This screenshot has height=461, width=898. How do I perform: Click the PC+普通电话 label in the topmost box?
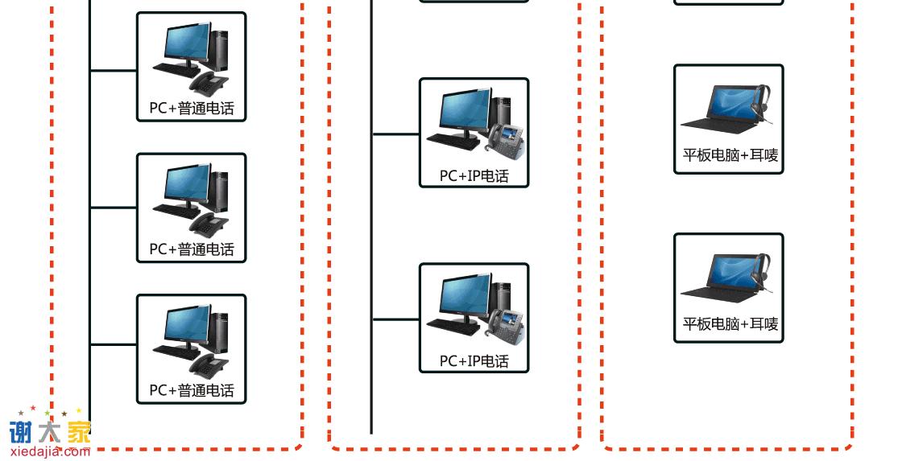point(191,109)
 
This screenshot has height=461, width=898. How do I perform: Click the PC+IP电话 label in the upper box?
point(474,175)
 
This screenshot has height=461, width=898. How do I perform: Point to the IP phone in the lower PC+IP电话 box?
point(507,323)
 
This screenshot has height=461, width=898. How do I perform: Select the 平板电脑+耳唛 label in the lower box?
point(730,324)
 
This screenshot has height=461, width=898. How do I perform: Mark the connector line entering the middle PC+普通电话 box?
point(113,208)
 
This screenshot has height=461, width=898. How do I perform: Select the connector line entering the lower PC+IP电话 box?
point(395,319)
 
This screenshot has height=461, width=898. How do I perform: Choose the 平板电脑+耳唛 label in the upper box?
point(730,155)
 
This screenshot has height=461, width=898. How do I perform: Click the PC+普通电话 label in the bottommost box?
point(191,391)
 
